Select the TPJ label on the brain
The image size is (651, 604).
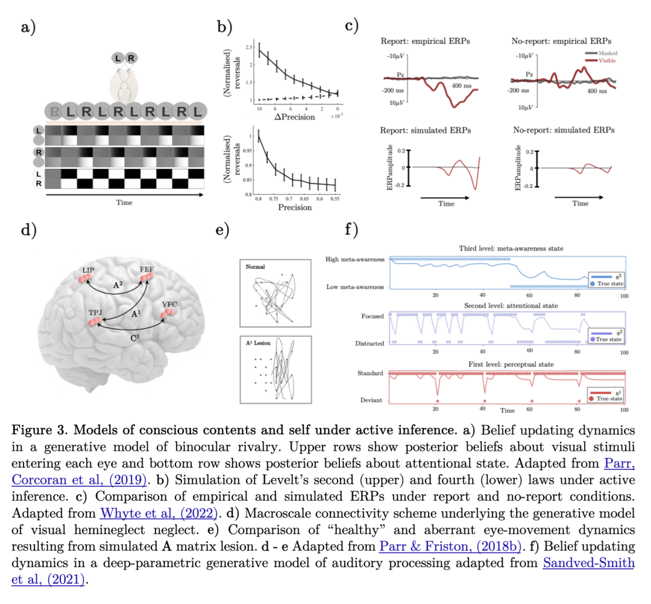[x=96, y=314]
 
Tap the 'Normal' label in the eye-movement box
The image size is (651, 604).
[x=255, y=265]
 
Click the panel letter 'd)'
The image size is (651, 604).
[x=28, y=229]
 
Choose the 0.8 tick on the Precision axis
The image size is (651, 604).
[x=259, y=197]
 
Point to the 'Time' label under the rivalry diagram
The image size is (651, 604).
[x=124, y=203]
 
